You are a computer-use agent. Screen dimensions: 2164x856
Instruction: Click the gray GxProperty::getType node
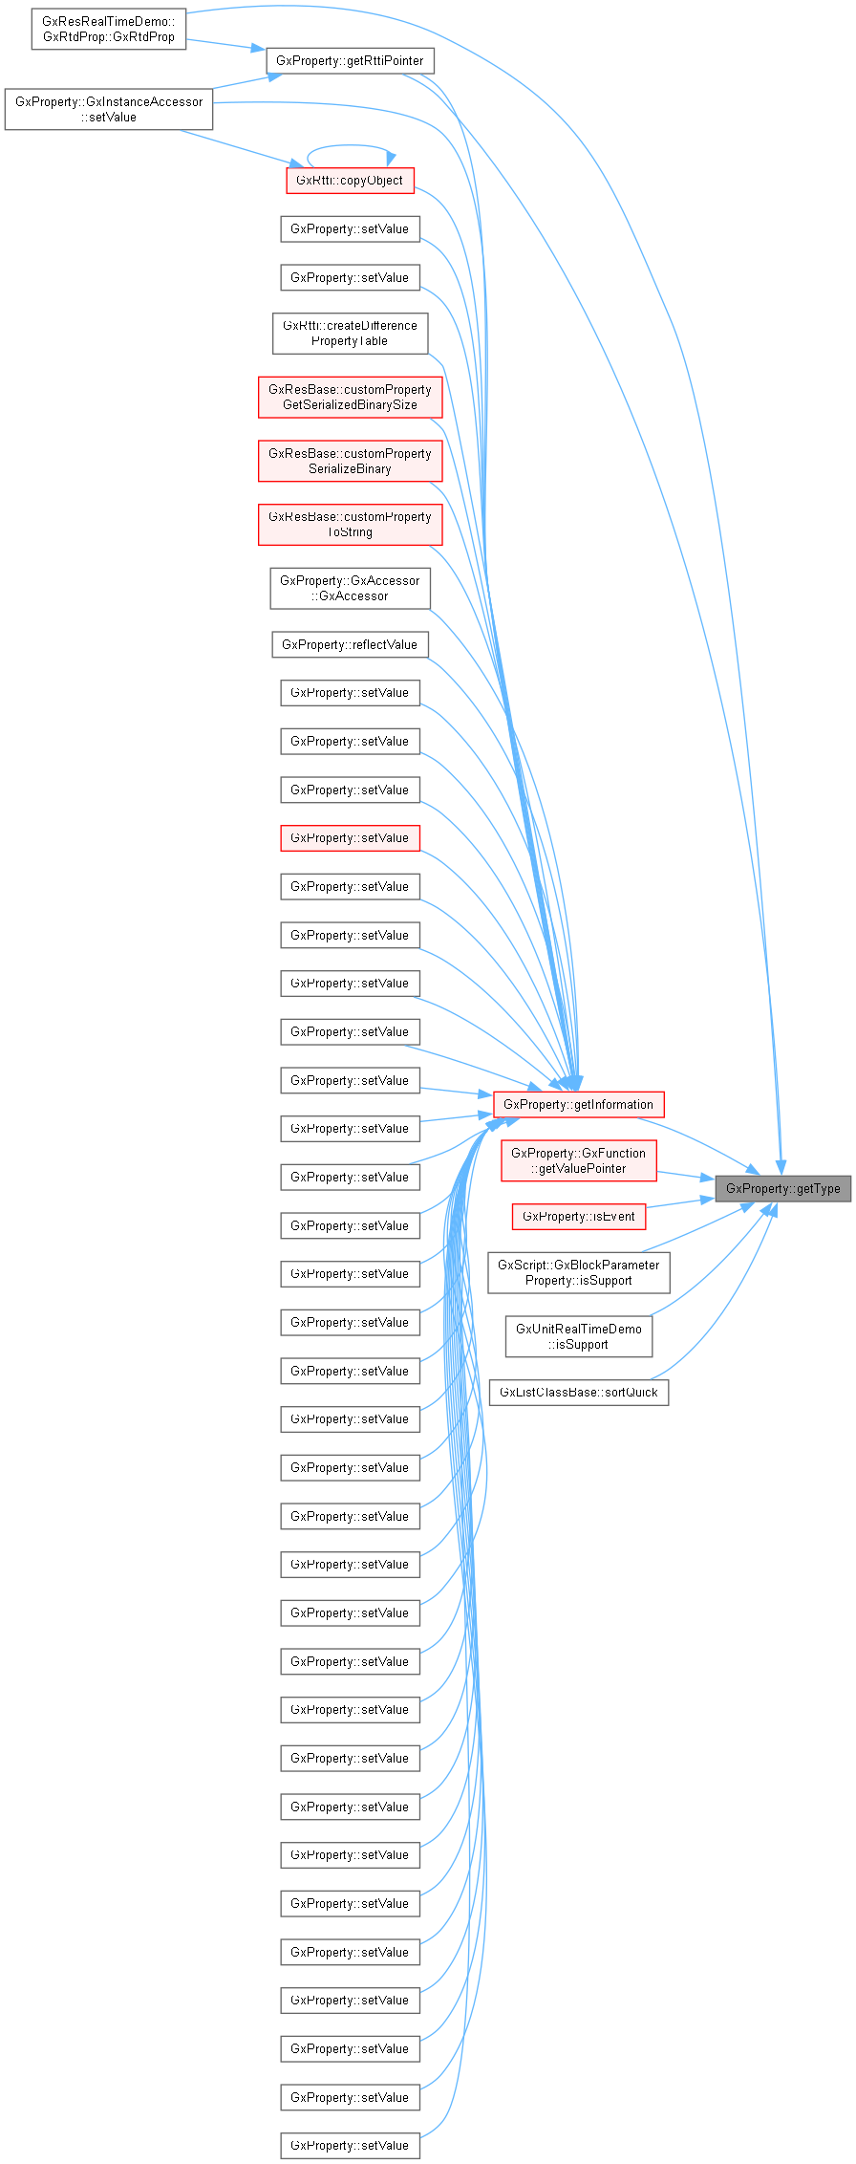point(782,1188)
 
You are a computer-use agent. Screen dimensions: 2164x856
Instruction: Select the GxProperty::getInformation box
point(578,1104)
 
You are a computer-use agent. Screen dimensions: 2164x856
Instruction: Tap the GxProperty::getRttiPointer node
point(350,60)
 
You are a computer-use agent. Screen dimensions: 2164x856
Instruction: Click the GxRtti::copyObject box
point(350,181)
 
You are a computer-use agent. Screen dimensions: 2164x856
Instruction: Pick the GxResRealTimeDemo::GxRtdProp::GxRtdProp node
point(108,29)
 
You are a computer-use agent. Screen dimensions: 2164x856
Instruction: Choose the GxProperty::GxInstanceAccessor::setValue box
point(108,109)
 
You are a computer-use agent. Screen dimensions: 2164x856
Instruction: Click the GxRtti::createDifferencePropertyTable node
point(350,333)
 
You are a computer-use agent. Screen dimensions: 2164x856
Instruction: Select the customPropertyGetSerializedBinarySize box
point(350,397)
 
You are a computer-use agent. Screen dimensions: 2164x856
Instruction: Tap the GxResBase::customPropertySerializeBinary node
point(350,461)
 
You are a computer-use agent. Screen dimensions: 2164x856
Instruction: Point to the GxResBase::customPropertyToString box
point(350,524)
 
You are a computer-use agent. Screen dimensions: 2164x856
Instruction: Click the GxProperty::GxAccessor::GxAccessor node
point(350,588)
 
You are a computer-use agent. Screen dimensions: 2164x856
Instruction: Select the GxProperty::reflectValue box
point(350,644)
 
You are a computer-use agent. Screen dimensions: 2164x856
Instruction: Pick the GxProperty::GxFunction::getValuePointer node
point(578,1160)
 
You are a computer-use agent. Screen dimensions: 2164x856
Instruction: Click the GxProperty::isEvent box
point(578,1217)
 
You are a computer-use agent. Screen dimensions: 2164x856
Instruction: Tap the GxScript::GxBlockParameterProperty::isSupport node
point(578,1272)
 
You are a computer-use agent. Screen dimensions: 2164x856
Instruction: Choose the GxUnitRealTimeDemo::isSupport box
point(578,1336)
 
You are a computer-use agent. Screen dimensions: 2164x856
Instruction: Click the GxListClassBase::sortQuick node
point(578,1392)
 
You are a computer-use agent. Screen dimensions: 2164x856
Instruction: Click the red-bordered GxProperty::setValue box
point(350,837)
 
